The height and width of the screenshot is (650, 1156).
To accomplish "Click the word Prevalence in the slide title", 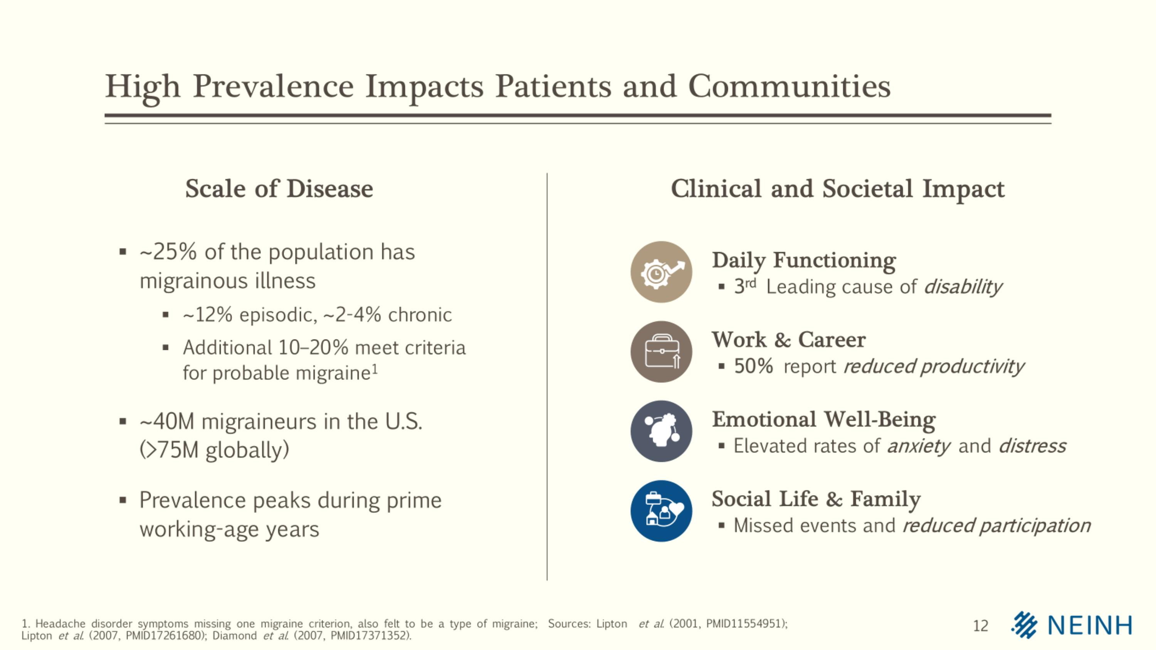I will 273,86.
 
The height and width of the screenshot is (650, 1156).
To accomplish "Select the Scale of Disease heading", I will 279,188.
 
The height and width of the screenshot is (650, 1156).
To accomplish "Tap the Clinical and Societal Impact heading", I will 837,188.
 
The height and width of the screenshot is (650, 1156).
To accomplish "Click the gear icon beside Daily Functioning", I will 660,272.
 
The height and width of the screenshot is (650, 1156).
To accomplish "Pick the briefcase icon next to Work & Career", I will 660,352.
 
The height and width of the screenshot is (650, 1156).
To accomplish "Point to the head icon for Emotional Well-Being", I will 660,431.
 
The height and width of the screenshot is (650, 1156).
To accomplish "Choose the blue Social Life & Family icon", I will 660,511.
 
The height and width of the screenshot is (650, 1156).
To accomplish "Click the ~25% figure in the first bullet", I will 168,252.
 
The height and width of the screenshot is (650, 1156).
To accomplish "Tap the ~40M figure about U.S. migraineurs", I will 167,422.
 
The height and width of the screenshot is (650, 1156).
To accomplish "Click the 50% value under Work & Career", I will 753,366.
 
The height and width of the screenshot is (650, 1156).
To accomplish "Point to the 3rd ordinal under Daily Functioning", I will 744,286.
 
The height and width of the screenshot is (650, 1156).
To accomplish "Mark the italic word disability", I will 962,287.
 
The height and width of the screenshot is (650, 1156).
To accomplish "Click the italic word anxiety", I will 918,446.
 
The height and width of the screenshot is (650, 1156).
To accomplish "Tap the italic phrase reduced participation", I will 996,526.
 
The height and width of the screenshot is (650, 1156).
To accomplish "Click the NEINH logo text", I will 1090,625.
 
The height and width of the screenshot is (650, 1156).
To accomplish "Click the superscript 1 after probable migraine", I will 375,369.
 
